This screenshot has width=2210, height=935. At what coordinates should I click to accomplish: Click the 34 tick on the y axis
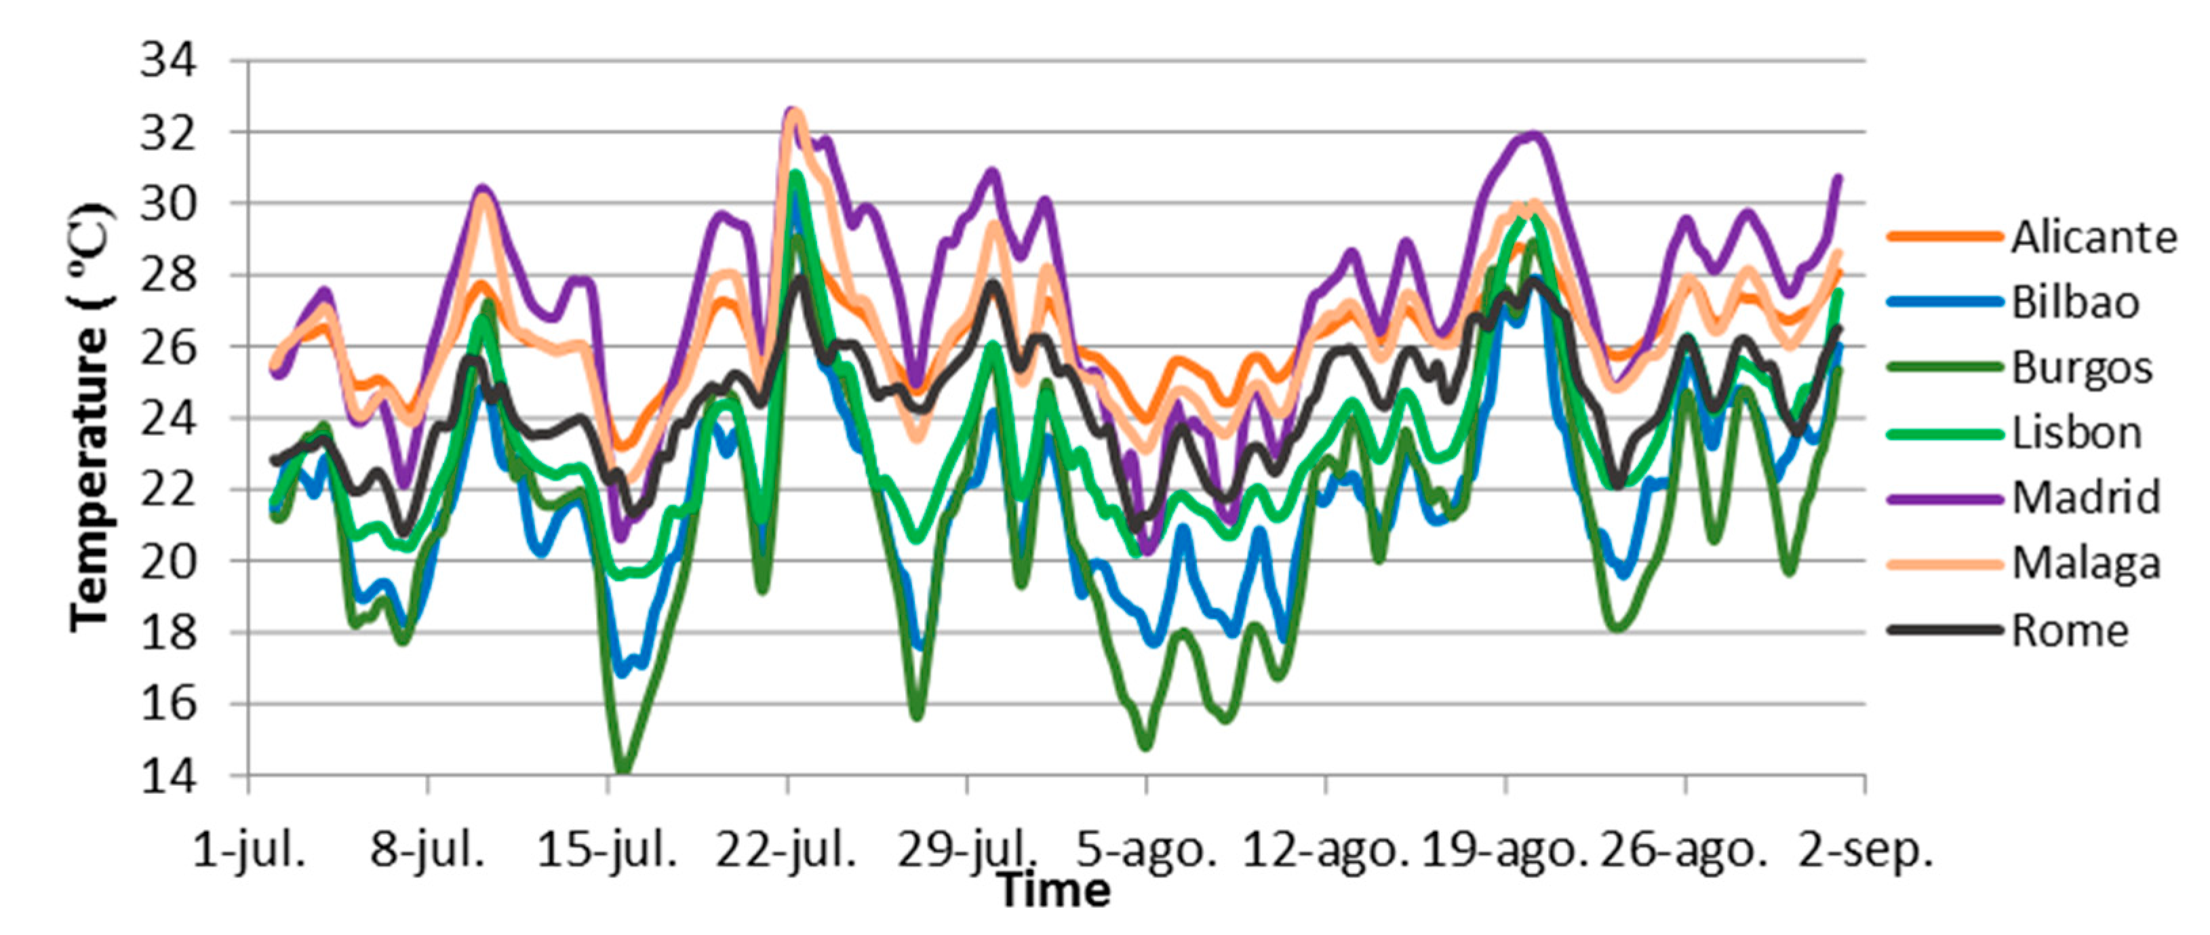[168, 62]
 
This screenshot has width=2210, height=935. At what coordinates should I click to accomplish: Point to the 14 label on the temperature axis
[168, 776]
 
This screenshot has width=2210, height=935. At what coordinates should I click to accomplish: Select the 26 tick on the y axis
[168, 347]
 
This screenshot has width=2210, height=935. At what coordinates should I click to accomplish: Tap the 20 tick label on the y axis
[168, 562]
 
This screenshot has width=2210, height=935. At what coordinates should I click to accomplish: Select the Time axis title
[1054, 890]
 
